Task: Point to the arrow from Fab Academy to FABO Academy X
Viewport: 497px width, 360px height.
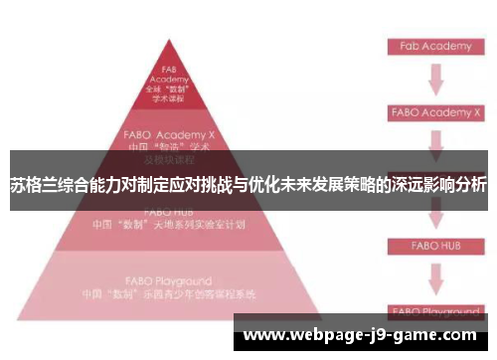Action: pos(434,79)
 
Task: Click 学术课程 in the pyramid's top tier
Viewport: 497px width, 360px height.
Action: pos(168,99)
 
